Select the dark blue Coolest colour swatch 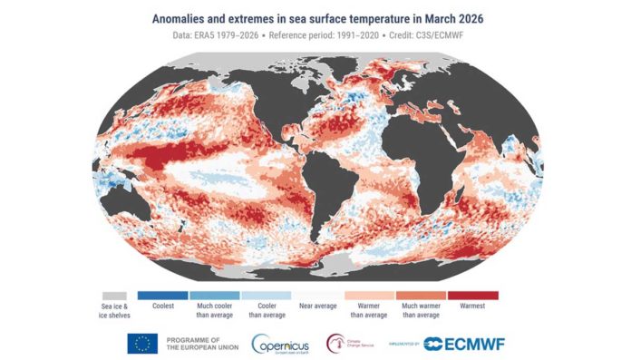tap(162, 296)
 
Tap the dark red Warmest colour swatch tap(472, 296)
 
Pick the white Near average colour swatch tap(317, 296)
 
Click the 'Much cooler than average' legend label tap(214, 313)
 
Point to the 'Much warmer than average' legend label tap(421, 313)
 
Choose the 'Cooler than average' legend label tap(266, 313)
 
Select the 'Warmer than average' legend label tap(369, 313)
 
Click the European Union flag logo tap(142, 342)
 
